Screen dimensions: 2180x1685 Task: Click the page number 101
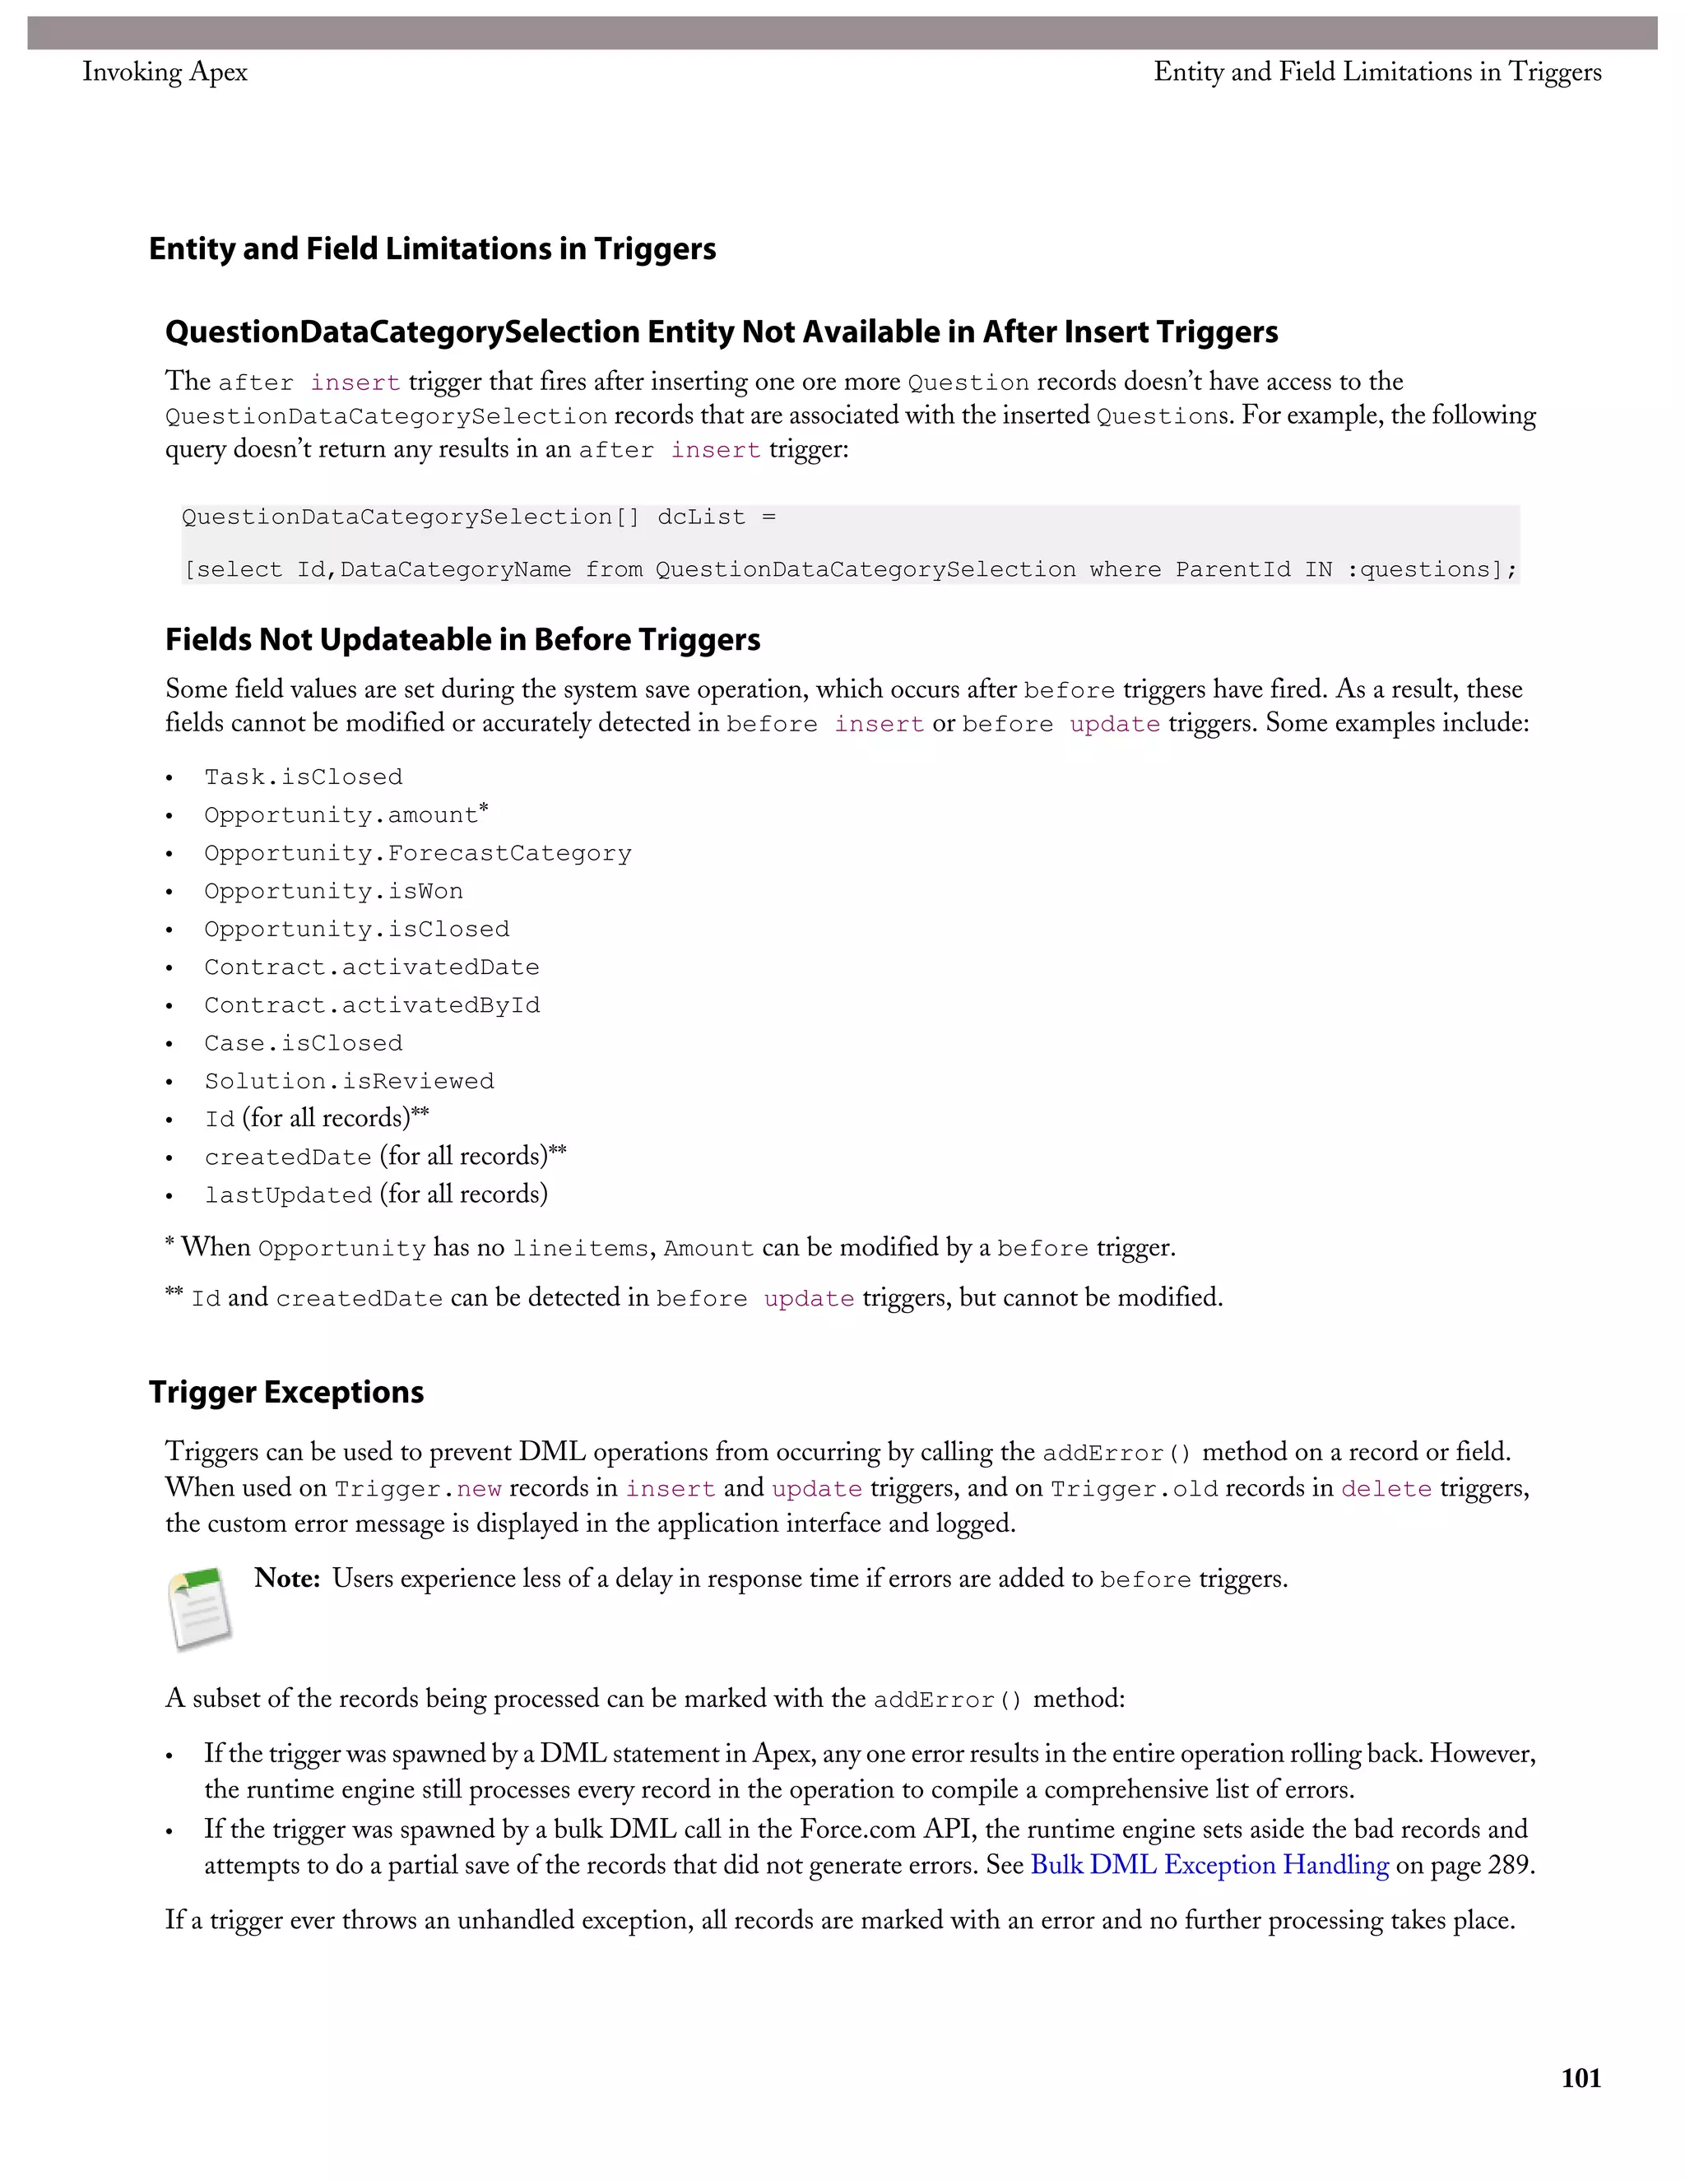pos(1581,2078)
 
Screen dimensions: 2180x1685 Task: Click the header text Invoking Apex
pos(165,72)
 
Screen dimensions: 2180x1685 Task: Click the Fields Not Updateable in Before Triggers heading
pos(462,639)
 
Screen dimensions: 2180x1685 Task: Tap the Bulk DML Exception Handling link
pos(1209,1865)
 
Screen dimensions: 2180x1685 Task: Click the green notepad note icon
pos(200,1607)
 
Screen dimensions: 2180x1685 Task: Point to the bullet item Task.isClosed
pos(304,777)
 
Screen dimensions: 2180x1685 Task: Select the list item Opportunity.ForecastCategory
pos(417,852)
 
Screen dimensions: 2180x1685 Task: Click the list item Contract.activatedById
pos(371,1005)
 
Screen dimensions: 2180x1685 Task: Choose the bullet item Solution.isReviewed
pos(348,1081)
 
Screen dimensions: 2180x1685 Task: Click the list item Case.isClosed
pos(304,1043)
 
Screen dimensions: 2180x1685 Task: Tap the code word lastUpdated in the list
pos(287,1194)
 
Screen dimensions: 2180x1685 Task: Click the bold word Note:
pos(286,1578)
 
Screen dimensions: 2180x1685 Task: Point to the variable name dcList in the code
pos(702,517)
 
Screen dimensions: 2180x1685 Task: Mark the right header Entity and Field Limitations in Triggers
pos(1376,72)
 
